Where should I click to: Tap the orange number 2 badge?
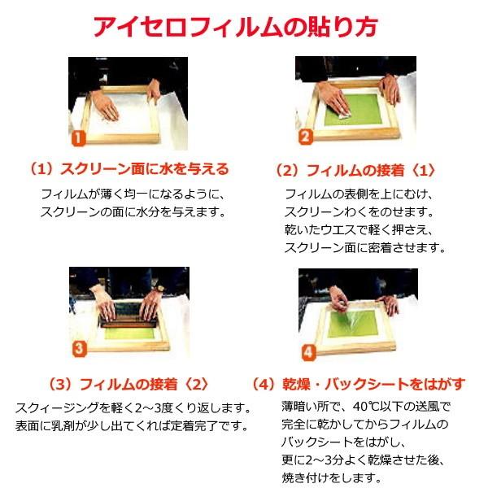pyautogui.click(x=304, y=137)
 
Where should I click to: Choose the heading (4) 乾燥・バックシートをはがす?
pyautogui.click(x=358, y=383)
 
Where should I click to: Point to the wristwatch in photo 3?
pyautogui.click(x=160, y=288)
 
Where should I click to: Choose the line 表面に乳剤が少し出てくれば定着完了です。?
pyautogui.click(x=130, y=425)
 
